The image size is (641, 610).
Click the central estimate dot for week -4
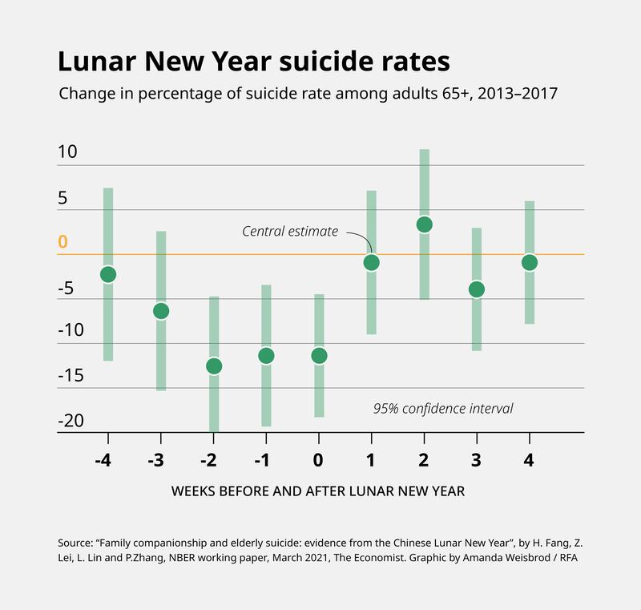coord(107,274)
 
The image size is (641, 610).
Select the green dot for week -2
coord(214,366)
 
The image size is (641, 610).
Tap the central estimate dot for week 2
coord(425,224)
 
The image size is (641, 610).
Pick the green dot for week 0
coord(319,355)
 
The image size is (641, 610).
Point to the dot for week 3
coord(477,289)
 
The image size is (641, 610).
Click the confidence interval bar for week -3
coord(161,353)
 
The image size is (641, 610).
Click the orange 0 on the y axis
coord(63,241)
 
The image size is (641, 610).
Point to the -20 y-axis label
coord(72,421)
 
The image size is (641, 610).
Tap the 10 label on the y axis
coord(67,151)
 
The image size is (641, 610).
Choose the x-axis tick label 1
coord(372,460)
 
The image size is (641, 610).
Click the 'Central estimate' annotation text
coord(290,232)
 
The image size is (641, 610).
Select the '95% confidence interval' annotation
coord(442,408)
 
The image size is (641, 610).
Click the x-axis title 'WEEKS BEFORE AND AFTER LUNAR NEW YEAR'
coord(318,491)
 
